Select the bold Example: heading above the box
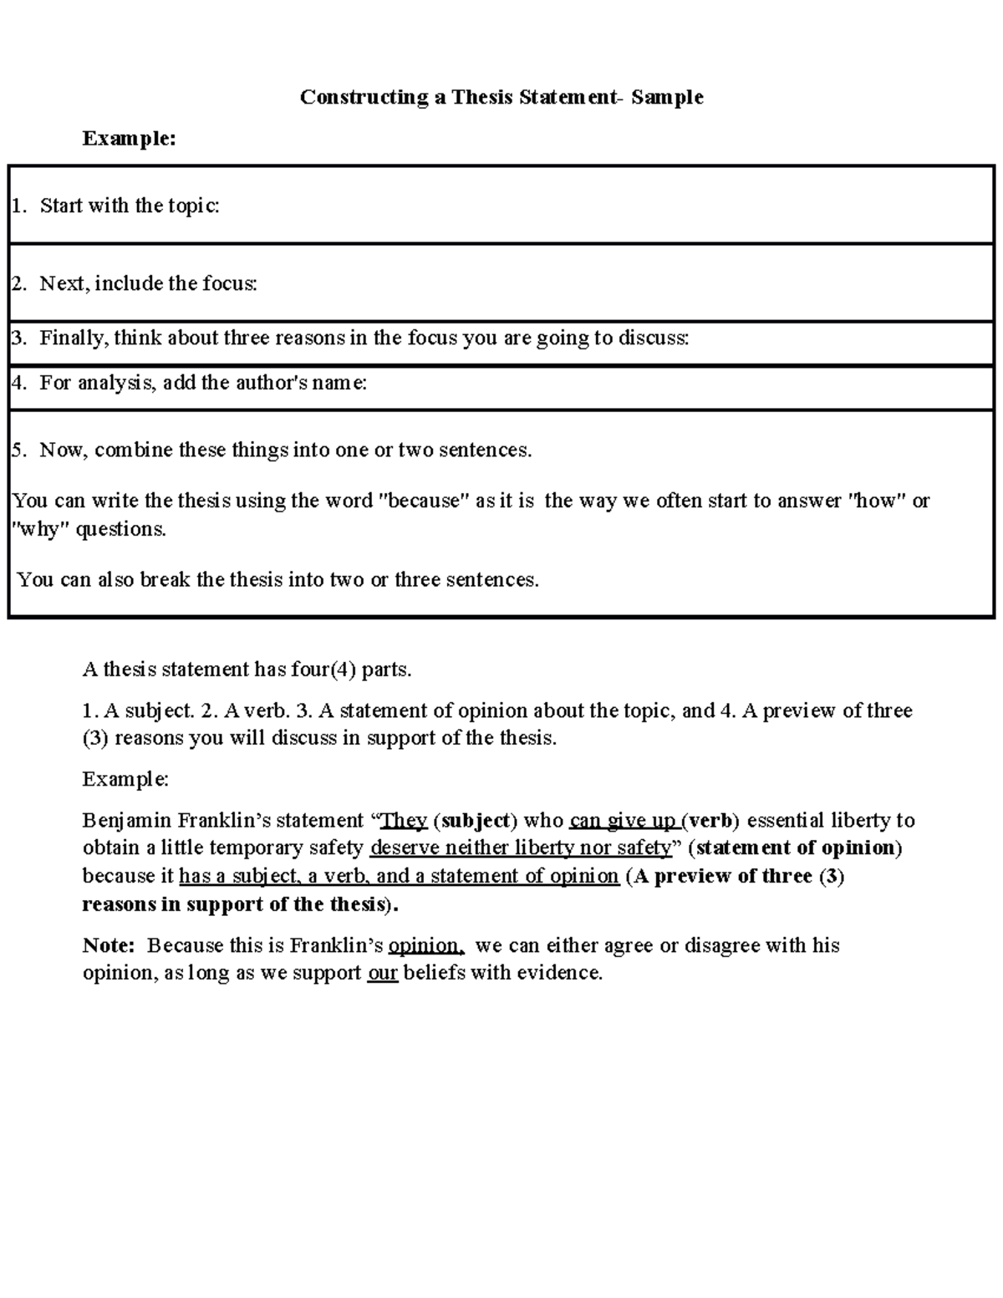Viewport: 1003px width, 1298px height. pos(129,138)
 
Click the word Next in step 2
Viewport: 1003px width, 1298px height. pos(62,283)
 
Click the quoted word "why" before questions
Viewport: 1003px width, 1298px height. pos(40,529)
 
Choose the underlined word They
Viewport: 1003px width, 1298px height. pos(404,820)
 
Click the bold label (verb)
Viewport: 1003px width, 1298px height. pos(710,820)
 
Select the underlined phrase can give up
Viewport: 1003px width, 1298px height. pos(624,820)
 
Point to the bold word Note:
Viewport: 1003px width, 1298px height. pos(109,945)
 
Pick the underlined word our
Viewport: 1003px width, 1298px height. pos(382,973)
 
